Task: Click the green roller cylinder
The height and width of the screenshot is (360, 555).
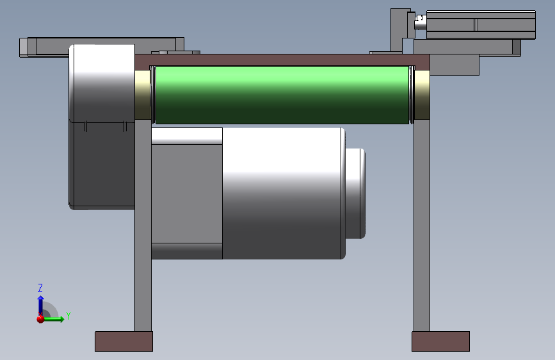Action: [282, 95]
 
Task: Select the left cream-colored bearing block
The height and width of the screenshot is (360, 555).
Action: [143, 95]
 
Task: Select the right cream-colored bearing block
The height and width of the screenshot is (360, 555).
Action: [422, 95]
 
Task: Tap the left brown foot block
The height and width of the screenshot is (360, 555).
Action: [124, 341]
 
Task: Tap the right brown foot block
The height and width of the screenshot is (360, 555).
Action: [440, 341]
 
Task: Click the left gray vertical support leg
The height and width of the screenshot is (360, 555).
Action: [143, 225]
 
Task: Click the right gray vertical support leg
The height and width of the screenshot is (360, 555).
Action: [422, 225]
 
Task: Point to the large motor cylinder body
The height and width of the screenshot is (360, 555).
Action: [284, 193]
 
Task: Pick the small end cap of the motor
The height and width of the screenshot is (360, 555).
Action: [355, 193]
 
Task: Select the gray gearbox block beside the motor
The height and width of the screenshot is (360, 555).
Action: [187, 193]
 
